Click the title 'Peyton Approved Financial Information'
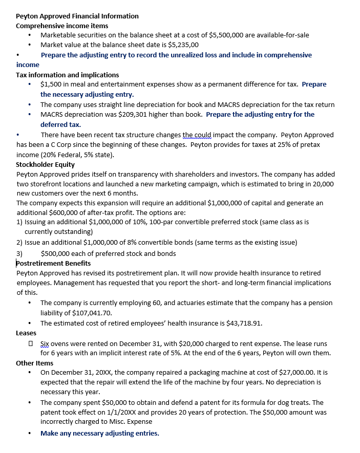click(x=77, y=16)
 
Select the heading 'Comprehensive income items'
click(x=62, y=26)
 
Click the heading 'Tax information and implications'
click(x=67, y=75)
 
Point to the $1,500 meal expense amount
click(x=52, y=84)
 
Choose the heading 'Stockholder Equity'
click(x=45, y=165)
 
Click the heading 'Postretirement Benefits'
click(x=53, y=263)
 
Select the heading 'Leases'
click(x=26, y=333)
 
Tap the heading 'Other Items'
click(x=34, y=363)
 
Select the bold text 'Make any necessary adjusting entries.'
click(x=100, y=433)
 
